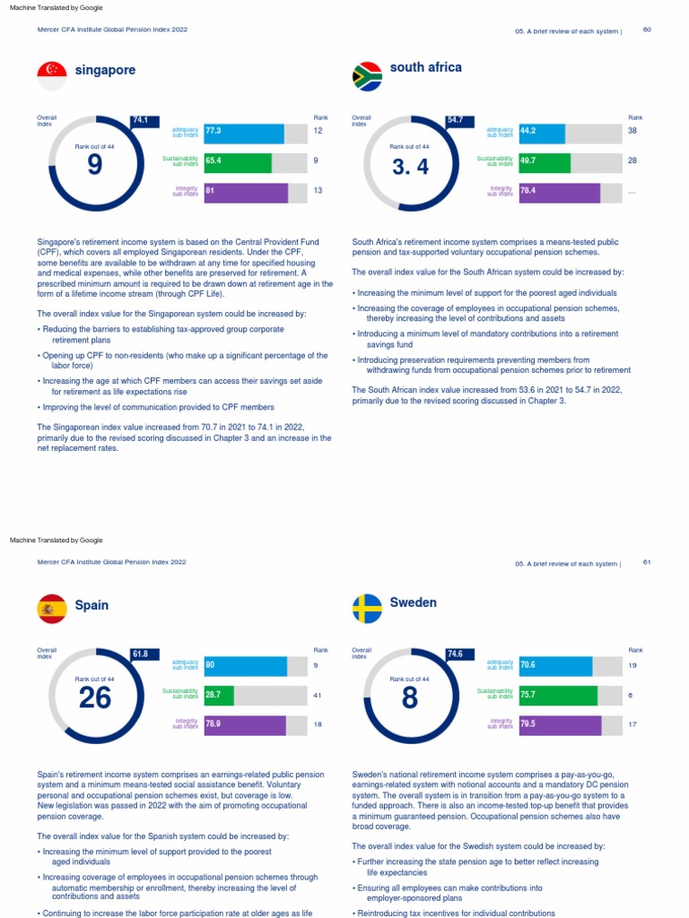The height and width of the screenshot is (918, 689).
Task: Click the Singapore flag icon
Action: (x=52, y=74)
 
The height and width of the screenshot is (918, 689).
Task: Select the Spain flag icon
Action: (x=52, y=609)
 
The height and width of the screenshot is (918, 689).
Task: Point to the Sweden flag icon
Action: (x=367, y=609)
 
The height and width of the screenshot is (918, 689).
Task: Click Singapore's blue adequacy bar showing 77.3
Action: (x=244, y=134)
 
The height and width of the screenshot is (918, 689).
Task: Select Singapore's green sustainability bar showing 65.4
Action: (x=238, y=163)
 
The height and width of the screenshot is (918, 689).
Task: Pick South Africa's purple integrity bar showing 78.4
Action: (x=559, y=193)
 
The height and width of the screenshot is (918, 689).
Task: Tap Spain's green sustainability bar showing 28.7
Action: (x=219, y=695)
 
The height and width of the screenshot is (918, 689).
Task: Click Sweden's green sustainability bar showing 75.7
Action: (x=558, y=695)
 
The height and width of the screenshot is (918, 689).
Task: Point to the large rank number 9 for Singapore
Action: (x=95, y=166)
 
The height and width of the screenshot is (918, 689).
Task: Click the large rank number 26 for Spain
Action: (x=95, y=697)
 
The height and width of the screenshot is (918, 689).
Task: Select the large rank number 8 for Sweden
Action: (x=410, y=697)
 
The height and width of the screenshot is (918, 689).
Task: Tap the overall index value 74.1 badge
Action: (x=141, y=120)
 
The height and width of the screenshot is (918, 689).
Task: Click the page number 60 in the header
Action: (x=647, y=30)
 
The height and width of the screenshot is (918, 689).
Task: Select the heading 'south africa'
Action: (x=426, y=67)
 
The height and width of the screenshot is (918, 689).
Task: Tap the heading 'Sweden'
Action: (x=414, y=602)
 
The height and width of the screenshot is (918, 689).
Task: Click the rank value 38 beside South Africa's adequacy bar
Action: (x=632, y=131)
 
